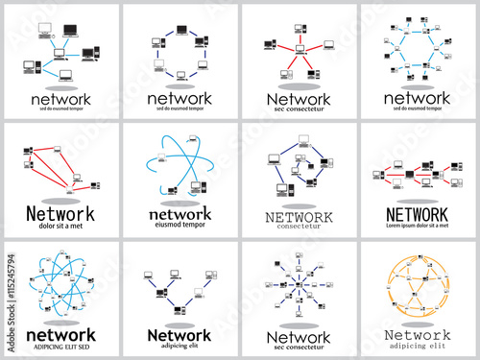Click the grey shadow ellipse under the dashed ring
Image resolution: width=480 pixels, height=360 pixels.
[x=180, y=87]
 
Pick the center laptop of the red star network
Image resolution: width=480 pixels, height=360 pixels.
[x=300, y=47]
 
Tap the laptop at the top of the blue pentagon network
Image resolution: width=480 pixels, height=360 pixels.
[x=300, y=156]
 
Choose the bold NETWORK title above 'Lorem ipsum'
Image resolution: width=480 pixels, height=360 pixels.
[x=419, y=213]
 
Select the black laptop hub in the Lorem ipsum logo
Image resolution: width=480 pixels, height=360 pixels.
[x=420, y=179]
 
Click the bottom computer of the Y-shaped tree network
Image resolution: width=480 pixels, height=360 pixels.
[x=180, y=307]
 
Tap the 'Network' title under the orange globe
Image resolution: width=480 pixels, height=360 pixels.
[x=419, y=333]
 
